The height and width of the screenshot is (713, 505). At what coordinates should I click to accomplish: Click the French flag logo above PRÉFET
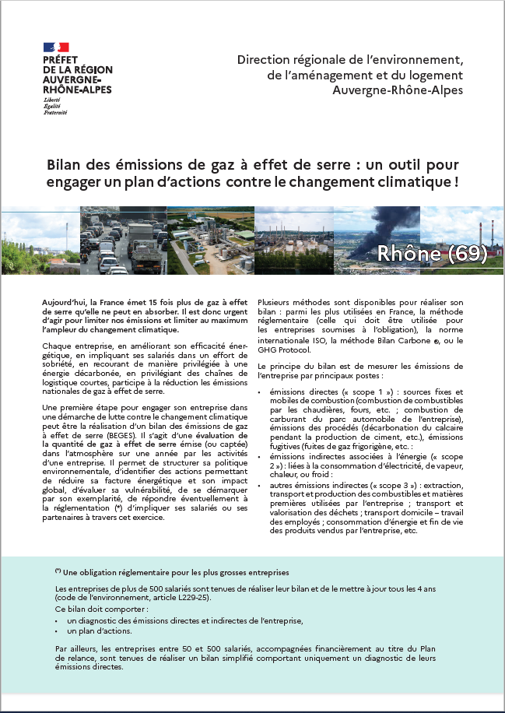[x=56, y=47]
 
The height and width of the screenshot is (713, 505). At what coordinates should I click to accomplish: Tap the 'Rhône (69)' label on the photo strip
[x=432, y=254]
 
